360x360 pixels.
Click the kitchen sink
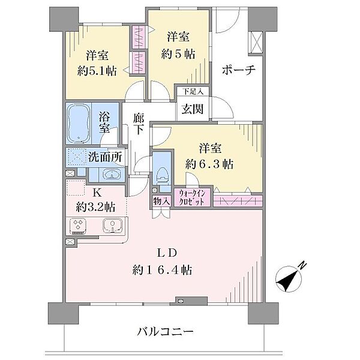point(112,226)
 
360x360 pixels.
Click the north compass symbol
point(290,277)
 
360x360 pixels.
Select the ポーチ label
point(238,70)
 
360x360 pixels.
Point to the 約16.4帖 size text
point(162,269)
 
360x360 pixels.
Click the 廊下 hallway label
point(137,124)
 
